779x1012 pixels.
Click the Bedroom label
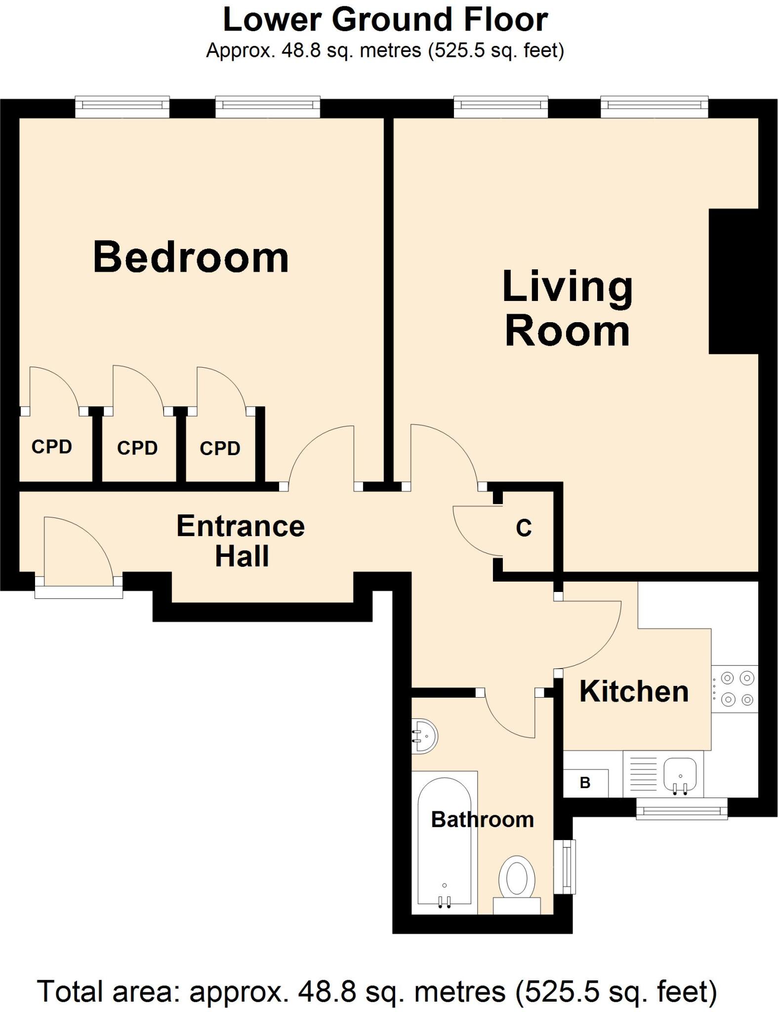[191, 257]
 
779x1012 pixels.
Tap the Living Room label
[567, 308]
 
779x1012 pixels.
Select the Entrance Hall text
[241, 541]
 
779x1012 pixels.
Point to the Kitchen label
[634, 691]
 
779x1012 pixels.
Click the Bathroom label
[482, 820]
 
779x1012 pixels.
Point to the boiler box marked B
[585, 783]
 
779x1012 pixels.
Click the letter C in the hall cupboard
[524, 528]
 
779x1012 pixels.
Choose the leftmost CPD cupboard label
[52, 447]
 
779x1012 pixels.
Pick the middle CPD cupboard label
[137, 448]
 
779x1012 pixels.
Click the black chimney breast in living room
[733, 281]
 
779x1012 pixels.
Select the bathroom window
[566, 867]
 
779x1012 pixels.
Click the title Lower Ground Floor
[385, 20]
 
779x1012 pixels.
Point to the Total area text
[377, 991]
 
